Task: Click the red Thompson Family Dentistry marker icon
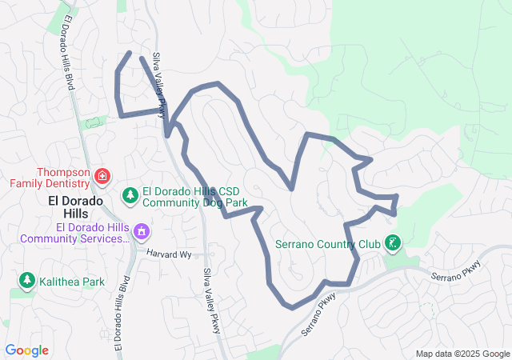point(103,175)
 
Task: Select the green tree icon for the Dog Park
point(130,195)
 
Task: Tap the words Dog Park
point(223,202)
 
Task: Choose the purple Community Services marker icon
point(142,233)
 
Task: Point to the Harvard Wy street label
point(170,254)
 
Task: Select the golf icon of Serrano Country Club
point(392,242)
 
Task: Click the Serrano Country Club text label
point(328,244)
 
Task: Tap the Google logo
point(26,350)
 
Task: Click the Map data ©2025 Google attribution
point(462,354)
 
